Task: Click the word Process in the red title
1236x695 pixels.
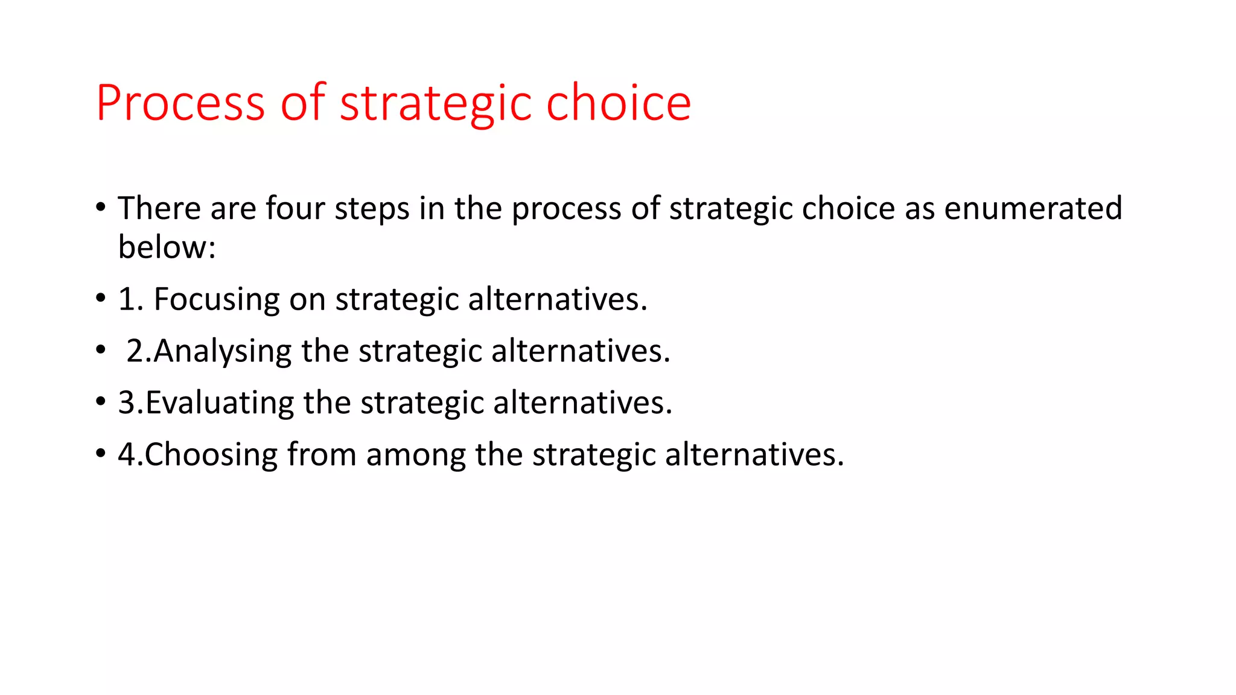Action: pyautogui.click(x=180, y=103)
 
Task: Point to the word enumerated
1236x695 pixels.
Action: pyautogui.click(x=1033, y=208)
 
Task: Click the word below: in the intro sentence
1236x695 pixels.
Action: pyautogui.click(x=167, y=247)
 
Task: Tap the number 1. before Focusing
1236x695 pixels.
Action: pyautogui.click(x=130, y=299)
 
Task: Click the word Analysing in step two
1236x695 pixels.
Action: pyautogui.click(x=222, y=351)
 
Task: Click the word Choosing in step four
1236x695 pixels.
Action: pyautogui.click(x=211, y=454)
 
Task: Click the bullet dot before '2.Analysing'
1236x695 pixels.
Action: pyautogui.click(x=100, y=350)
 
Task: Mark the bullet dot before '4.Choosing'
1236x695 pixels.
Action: pyautogui.click(x=100, y=454)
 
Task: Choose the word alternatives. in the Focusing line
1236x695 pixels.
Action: pyautogui.click(x=557, y=299)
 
